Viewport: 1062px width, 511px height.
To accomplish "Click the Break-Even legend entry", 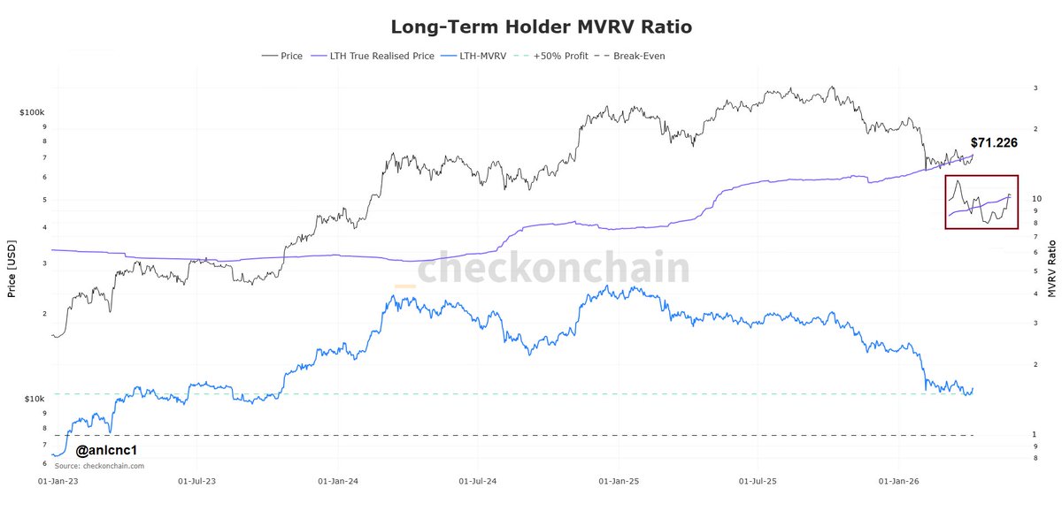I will point(639,56).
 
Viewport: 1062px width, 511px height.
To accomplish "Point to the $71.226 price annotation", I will point(993,142).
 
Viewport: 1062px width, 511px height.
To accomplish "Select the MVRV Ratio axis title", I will point(1051,268).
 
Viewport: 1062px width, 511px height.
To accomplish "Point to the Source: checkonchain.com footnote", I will point(99,466).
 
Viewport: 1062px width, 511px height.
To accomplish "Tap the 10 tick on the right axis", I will point(1036,199).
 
